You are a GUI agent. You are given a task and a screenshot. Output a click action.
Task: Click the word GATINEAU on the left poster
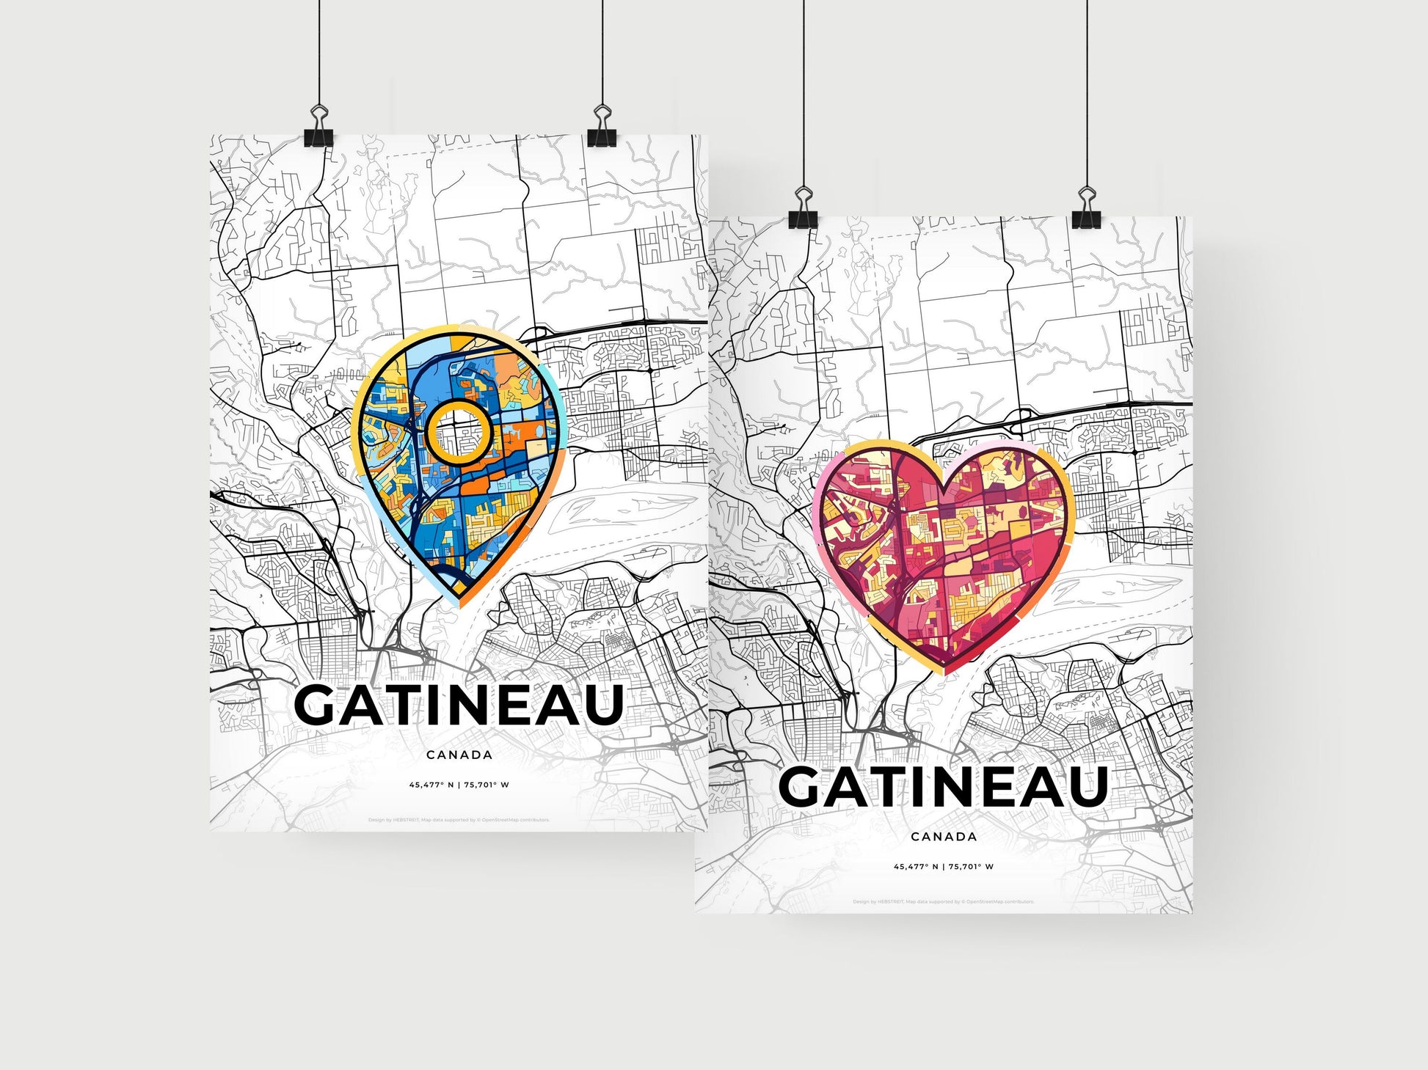pos(459,706)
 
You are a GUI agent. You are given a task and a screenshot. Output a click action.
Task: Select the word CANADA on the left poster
pos(459,755)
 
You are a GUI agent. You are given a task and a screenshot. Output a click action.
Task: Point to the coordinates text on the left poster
pos(459,785)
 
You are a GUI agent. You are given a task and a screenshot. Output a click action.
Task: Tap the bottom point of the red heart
pos(945,670)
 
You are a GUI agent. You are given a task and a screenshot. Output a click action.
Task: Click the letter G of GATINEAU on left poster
pos(316,706)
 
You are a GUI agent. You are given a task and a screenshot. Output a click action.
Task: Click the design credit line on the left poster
pos(459,820)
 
